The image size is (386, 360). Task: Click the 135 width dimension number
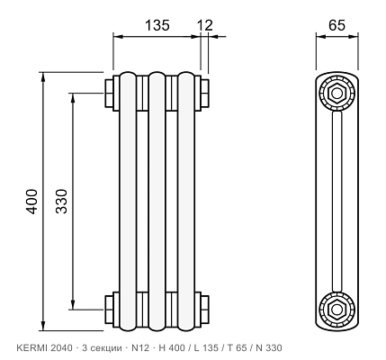coord(157,25)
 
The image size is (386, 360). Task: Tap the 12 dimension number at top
coord(205,25)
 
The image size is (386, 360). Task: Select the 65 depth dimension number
coord(337,25)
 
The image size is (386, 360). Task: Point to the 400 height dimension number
coord(31,202)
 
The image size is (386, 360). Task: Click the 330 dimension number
coord(62,201)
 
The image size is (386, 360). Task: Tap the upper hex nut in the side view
coord(337,93)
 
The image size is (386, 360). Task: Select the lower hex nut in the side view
coord(337,309)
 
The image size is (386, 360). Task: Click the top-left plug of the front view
coord(109,93)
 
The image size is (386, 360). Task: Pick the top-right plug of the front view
coord(205,93)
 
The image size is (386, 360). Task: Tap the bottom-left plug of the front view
coord(109,310)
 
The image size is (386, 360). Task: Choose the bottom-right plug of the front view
coord(205,310)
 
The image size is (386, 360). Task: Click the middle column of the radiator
coord(157,202)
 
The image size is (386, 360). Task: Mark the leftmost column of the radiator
coord(128,202)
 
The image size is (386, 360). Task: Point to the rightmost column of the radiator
coord(186,202)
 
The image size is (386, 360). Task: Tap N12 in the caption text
coord(140,348)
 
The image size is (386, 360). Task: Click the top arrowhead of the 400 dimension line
coord(43,77)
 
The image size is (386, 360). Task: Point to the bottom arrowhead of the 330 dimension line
coord(73,304)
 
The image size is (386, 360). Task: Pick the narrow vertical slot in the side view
coord(337,202)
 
